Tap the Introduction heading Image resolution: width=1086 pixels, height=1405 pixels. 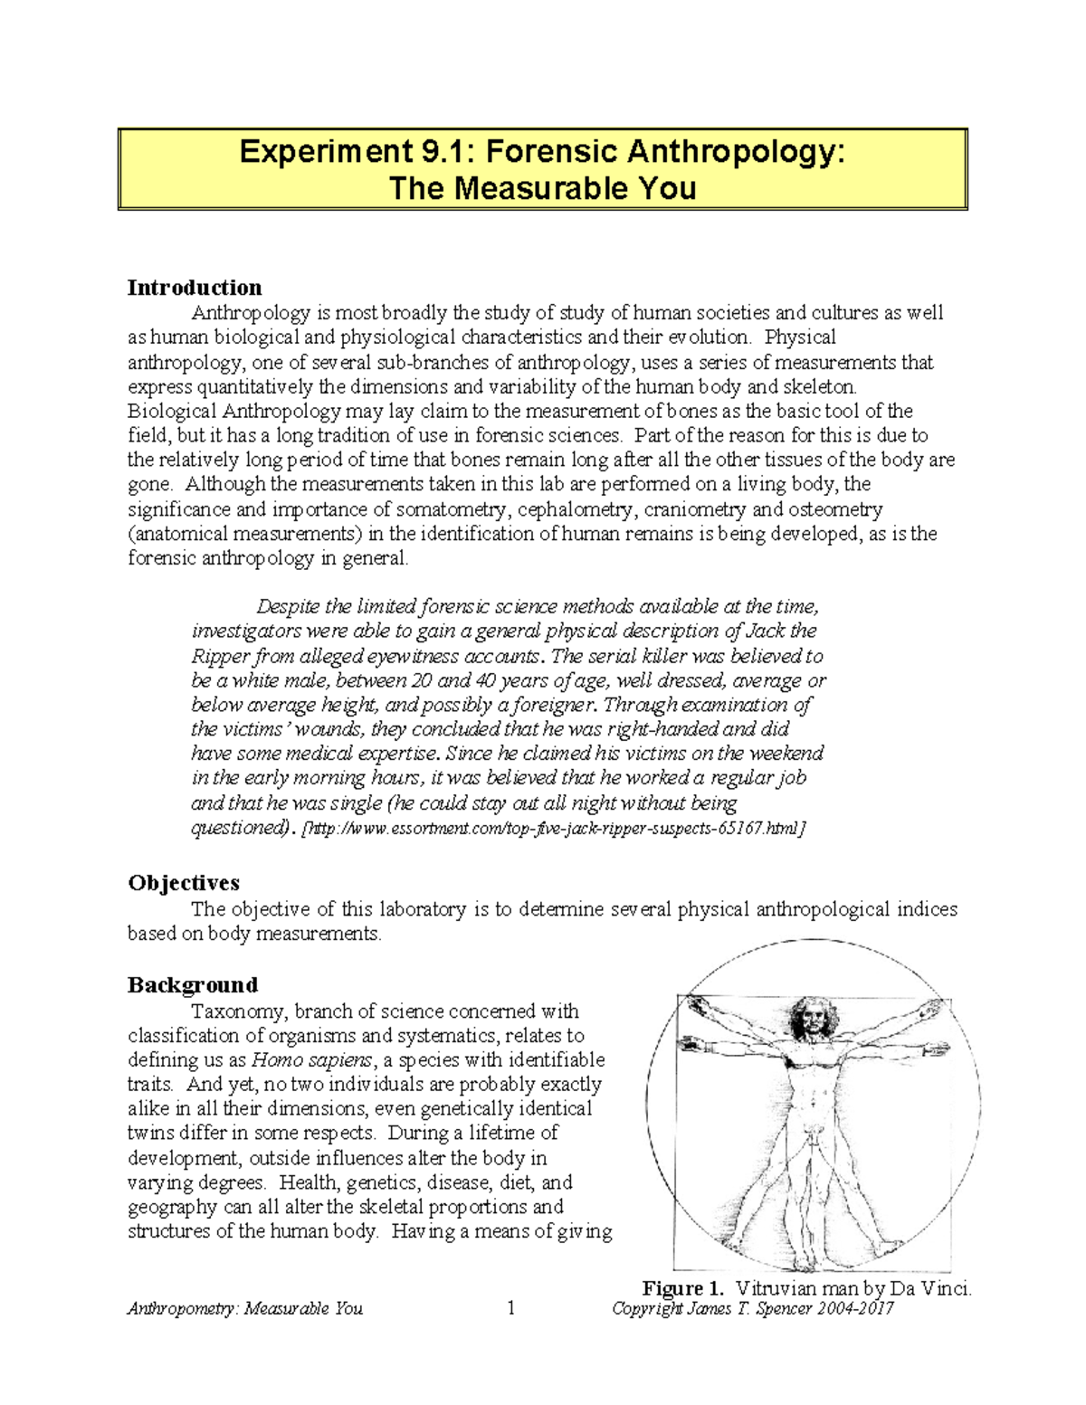click(195, 288)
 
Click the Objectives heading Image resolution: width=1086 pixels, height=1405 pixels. click(184, 883)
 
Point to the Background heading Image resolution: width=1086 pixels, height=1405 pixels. click(193, 985)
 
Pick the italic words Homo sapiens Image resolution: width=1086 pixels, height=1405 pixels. click(310, 1060)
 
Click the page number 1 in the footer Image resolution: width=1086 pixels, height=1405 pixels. click(511, 1308)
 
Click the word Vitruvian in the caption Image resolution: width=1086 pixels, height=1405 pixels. click(776, 1289)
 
